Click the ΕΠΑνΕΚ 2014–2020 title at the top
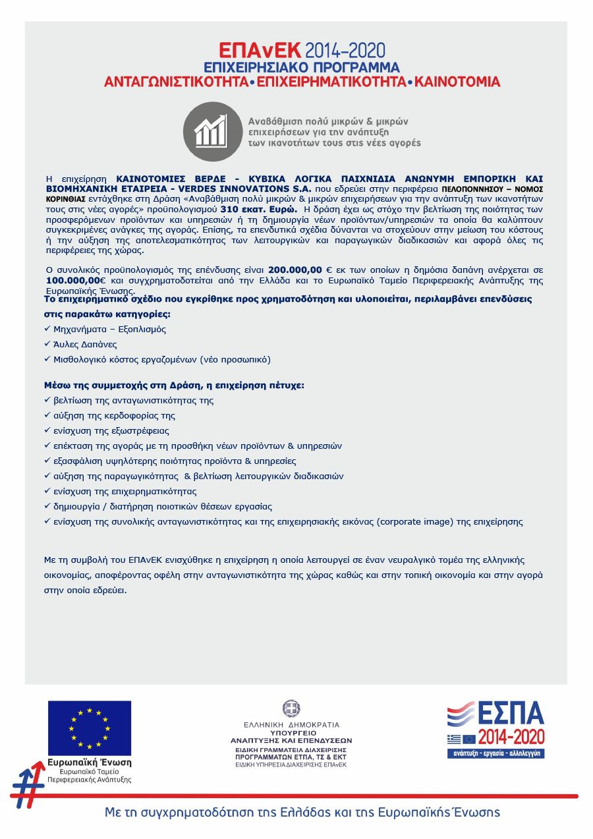(x=302, y=51)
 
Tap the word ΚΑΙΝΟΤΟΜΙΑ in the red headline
(x=457, y=82)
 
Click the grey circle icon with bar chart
(x=213, y=132)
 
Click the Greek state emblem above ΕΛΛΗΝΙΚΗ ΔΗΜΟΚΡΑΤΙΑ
(x=291, y=709)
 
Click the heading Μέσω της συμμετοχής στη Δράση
(x=174, y=385)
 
